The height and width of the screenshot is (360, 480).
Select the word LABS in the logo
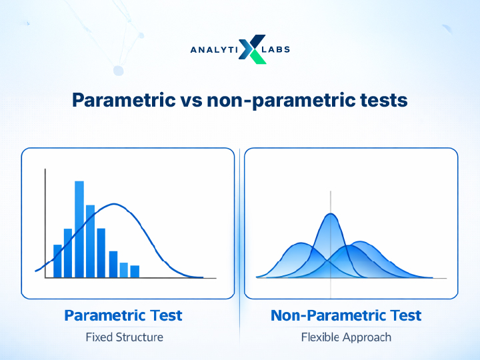(278, 49)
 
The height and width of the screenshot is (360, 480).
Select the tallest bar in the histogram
(79, 229)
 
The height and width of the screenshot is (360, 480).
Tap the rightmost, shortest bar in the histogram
(135, 271)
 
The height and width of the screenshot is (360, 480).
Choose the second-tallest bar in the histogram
(90, 241)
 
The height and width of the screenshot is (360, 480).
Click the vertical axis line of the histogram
(45, 223)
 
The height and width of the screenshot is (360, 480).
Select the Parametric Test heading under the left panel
(123, 315)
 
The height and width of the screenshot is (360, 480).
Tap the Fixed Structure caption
(125, 337)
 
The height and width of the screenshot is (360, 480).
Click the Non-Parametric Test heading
(346, 315)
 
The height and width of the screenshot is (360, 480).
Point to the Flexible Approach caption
(346, 337)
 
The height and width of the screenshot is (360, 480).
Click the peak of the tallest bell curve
(330, 214)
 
